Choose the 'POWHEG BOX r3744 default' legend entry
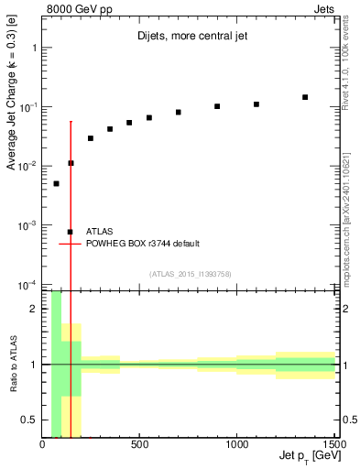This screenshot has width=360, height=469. [x=142, y=244]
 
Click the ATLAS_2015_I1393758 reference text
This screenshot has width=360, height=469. [x=190, y=274]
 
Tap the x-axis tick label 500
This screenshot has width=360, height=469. [x=140, y=445]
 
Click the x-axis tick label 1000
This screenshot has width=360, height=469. [x=237, y=445]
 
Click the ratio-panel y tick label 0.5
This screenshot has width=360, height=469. [x=29, y=420]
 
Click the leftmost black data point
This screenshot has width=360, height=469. [x=56, y=183]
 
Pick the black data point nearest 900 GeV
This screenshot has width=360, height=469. [x=217, y=106]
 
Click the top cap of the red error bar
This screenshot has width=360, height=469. [x=71, y=121]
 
